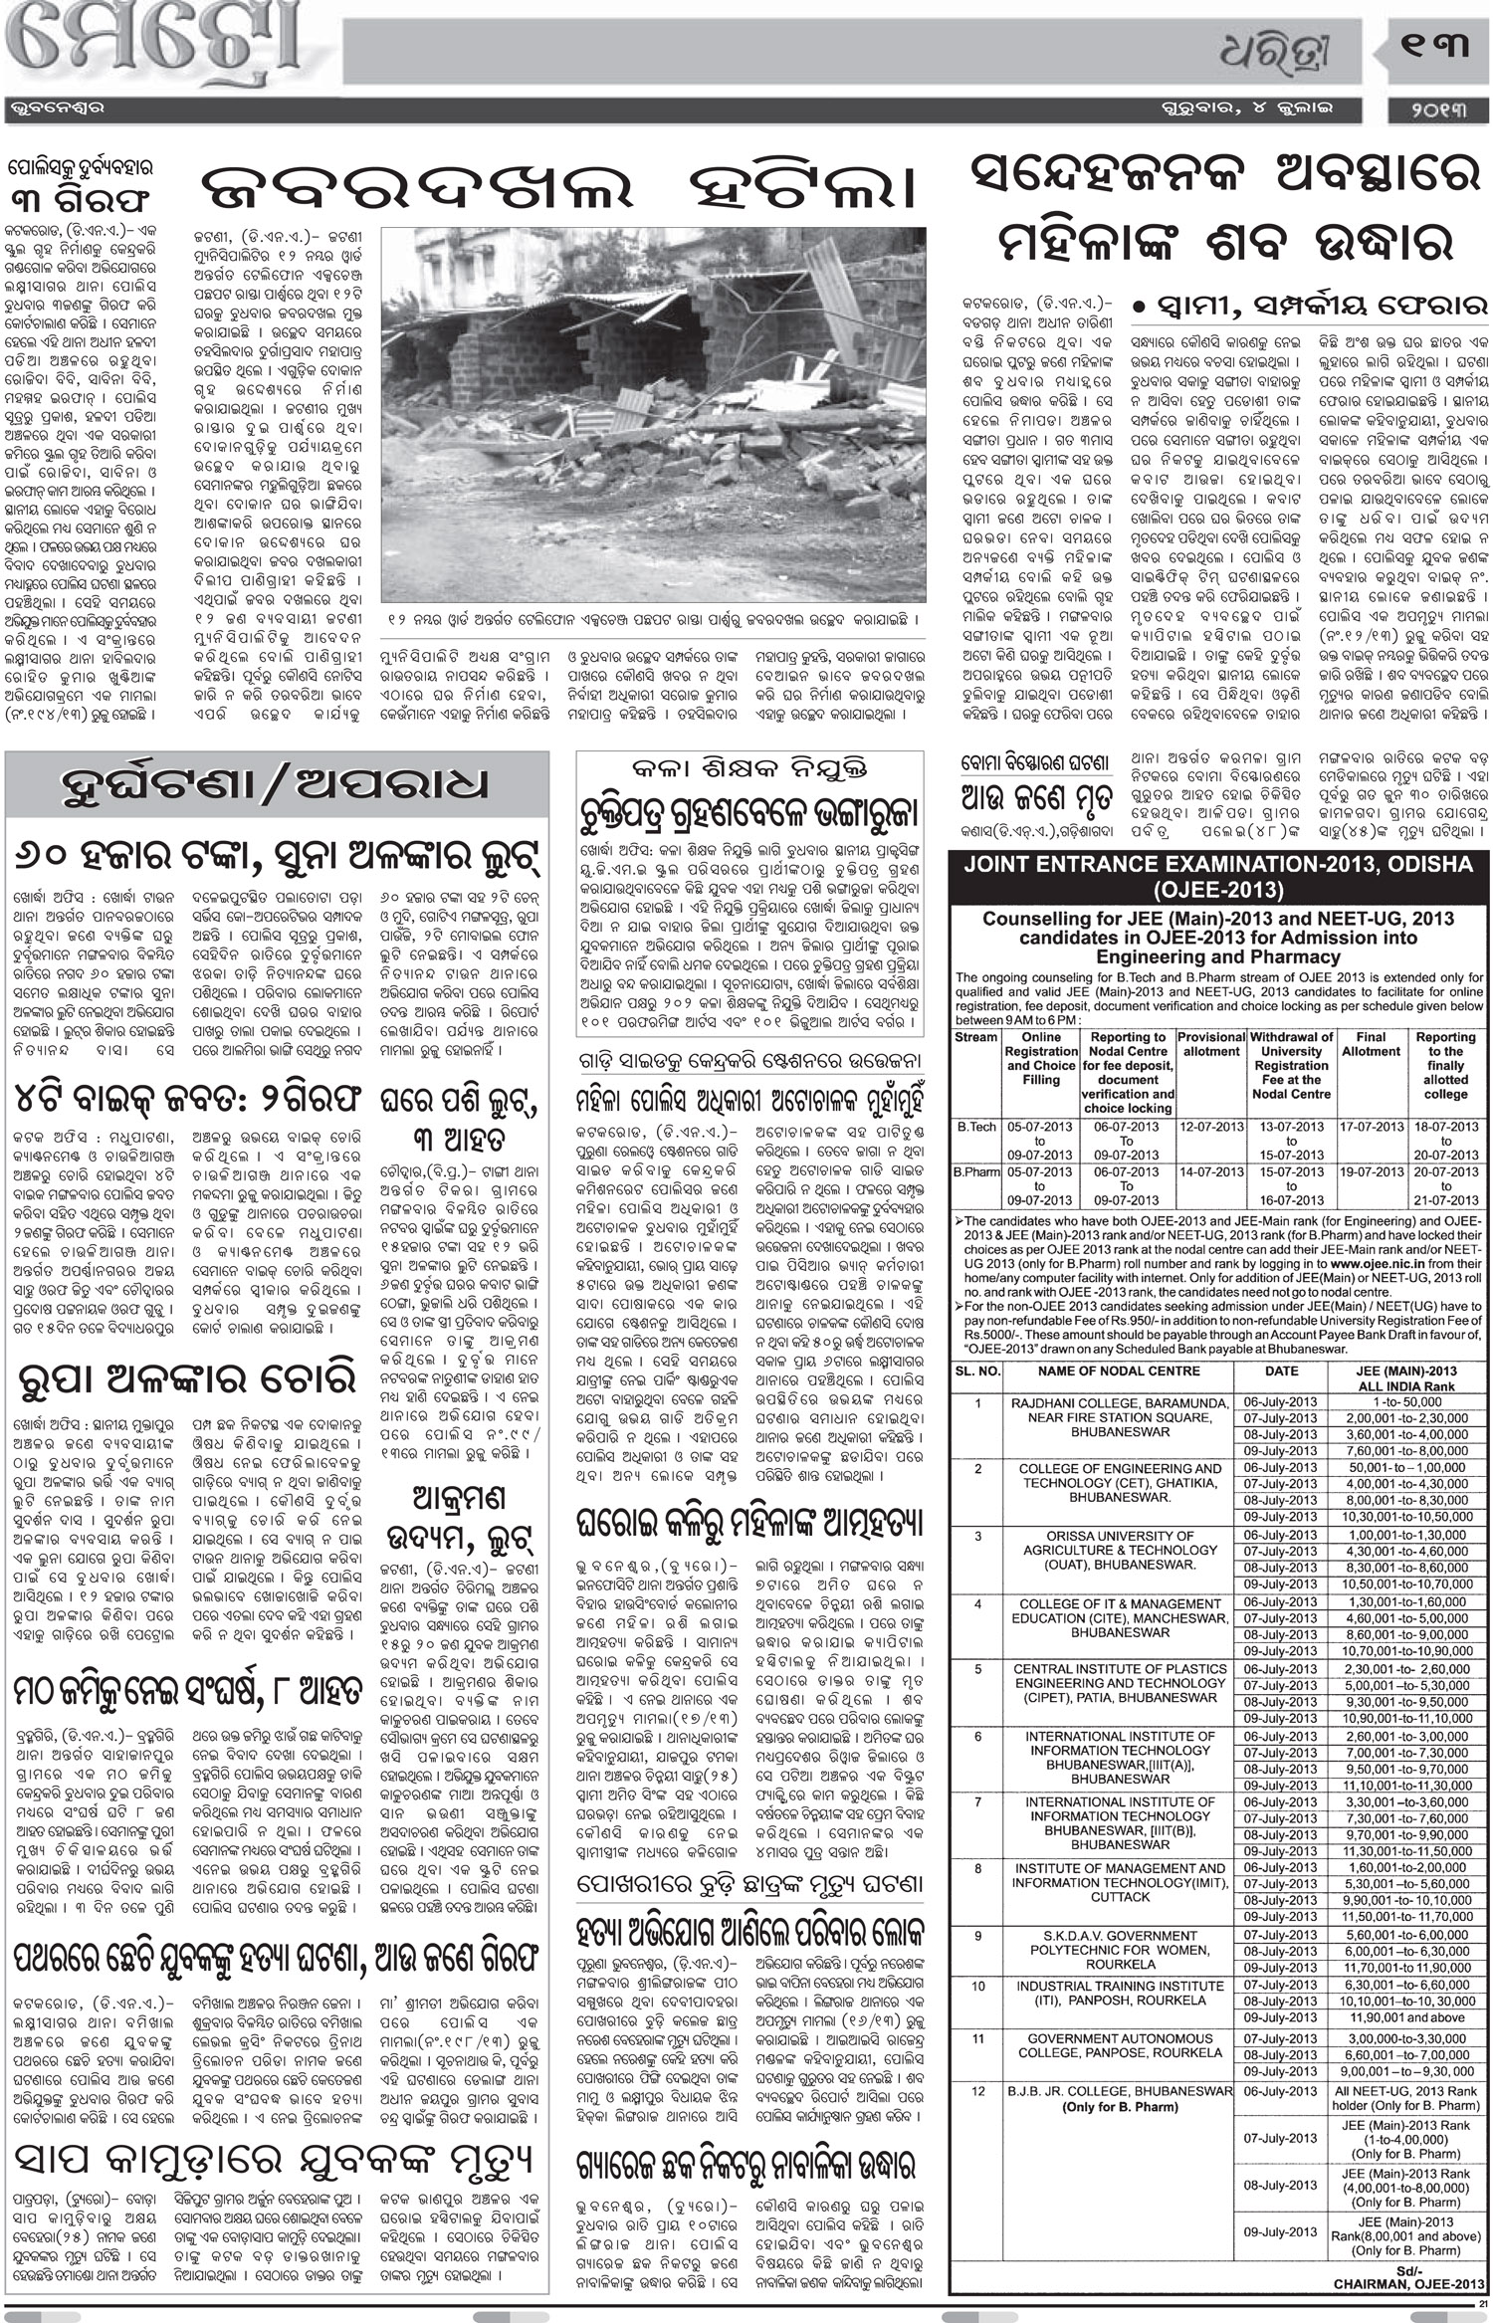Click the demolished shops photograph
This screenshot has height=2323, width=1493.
653,414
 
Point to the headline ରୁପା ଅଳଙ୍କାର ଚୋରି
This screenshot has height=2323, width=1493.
186,1378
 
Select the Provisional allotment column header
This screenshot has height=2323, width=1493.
1211,1043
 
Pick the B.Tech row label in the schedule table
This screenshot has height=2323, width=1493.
975,1127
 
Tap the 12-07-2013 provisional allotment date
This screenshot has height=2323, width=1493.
1211,1127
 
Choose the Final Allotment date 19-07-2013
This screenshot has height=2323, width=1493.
1371,1172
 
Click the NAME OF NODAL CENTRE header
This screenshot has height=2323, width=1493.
1119,1371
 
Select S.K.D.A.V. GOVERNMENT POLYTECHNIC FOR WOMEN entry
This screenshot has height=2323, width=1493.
1119,1950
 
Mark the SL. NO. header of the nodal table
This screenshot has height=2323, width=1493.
976,1371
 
